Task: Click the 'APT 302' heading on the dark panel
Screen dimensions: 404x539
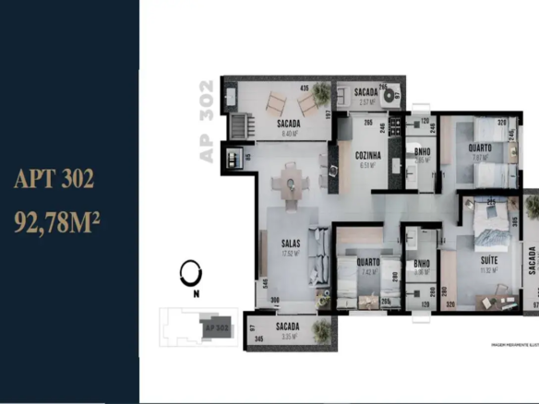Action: [54, 179]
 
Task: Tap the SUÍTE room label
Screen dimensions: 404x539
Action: [489, 261]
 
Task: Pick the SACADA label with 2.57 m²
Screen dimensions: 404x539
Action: [363, 93]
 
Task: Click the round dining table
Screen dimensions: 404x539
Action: [291, 184]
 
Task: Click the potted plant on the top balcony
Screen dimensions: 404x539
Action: [319, 92]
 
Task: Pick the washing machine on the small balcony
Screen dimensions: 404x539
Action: [393, 93]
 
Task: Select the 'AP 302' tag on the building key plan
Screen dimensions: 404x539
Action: [217, 327]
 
